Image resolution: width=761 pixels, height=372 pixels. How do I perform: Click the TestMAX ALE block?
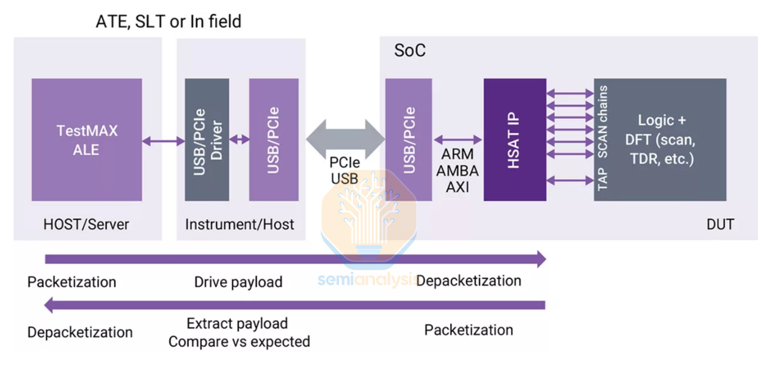87,139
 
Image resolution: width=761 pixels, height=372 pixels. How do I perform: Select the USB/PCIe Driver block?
207,139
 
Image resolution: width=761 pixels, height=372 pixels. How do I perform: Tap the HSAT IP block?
515,139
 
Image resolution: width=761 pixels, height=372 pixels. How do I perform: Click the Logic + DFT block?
660,139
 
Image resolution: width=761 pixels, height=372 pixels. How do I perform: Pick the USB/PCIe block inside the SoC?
409,139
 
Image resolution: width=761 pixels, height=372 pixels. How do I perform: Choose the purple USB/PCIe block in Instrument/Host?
274,139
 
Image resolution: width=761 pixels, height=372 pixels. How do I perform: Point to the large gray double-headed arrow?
346,139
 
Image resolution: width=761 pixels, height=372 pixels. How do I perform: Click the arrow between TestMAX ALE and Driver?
164,141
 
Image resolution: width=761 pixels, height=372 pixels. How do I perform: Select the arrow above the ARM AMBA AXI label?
458,139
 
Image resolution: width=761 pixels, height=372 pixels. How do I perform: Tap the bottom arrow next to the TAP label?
570,180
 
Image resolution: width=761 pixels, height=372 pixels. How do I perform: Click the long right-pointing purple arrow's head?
542,259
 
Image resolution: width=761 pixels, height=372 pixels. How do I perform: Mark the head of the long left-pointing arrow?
49,305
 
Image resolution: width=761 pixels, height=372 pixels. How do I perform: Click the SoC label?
410,50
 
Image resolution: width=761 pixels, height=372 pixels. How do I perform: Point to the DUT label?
720,225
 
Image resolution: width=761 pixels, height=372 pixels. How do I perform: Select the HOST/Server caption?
87,225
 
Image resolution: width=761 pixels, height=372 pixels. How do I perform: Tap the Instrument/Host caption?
239,225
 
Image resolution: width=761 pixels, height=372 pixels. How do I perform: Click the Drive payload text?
238,282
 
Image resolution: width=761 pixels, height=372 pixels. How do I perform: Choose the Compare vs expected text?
239,342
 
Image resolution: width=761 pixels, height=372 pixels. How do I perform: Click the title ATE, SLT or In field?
168,22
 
